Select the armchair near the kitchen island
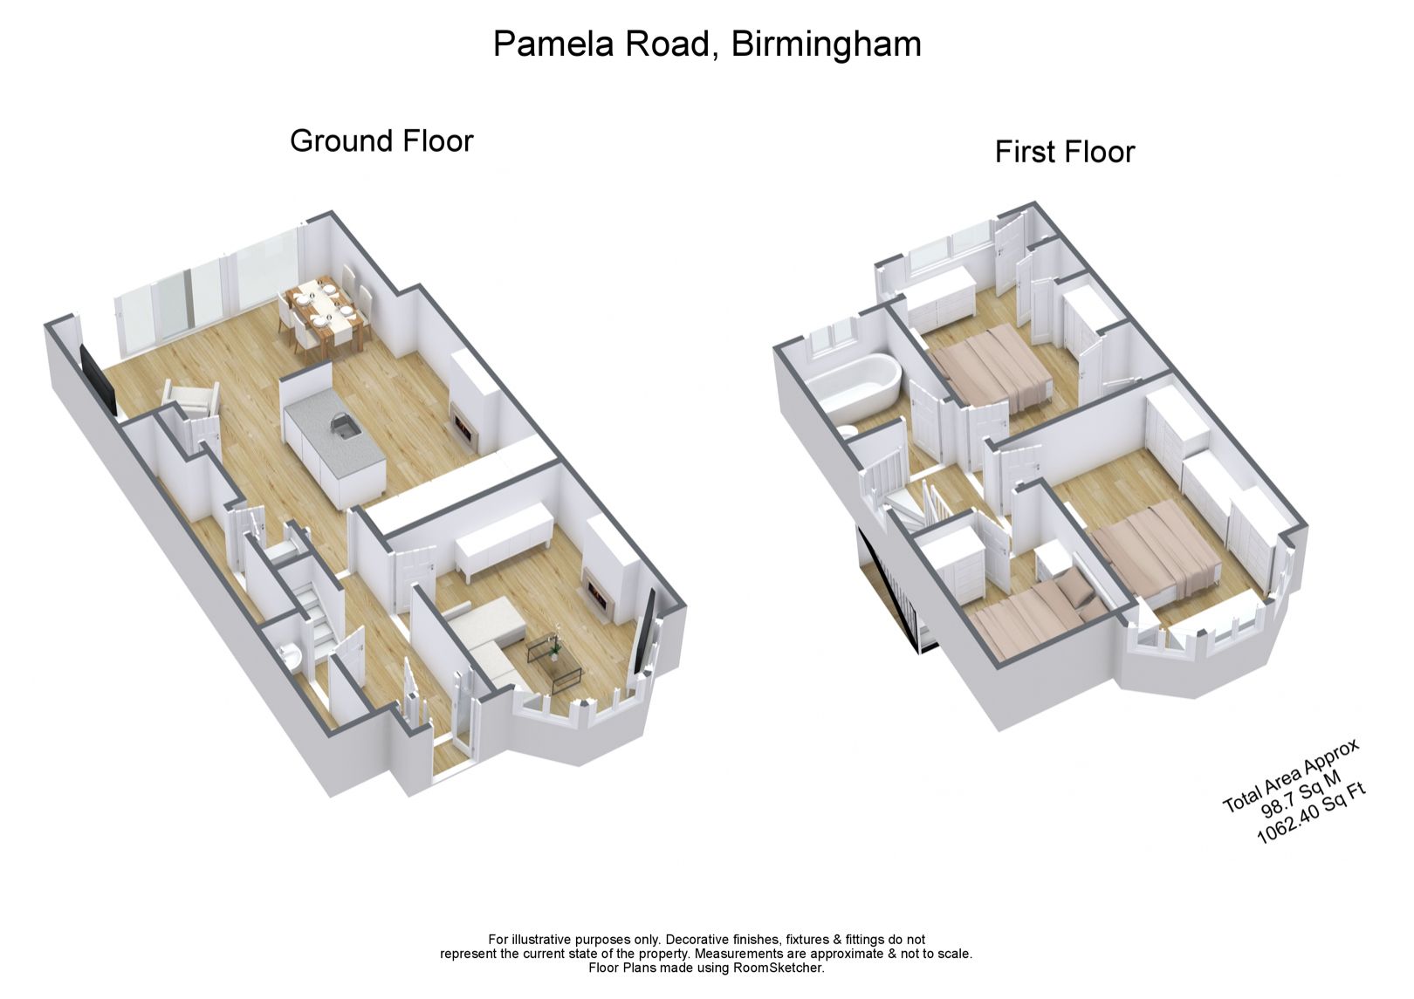click(189, 402)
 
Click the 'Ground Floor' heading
click(381, 140)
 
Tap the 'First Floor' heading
click(1064, 152)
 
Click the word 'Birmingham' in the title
click(826, 44)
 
